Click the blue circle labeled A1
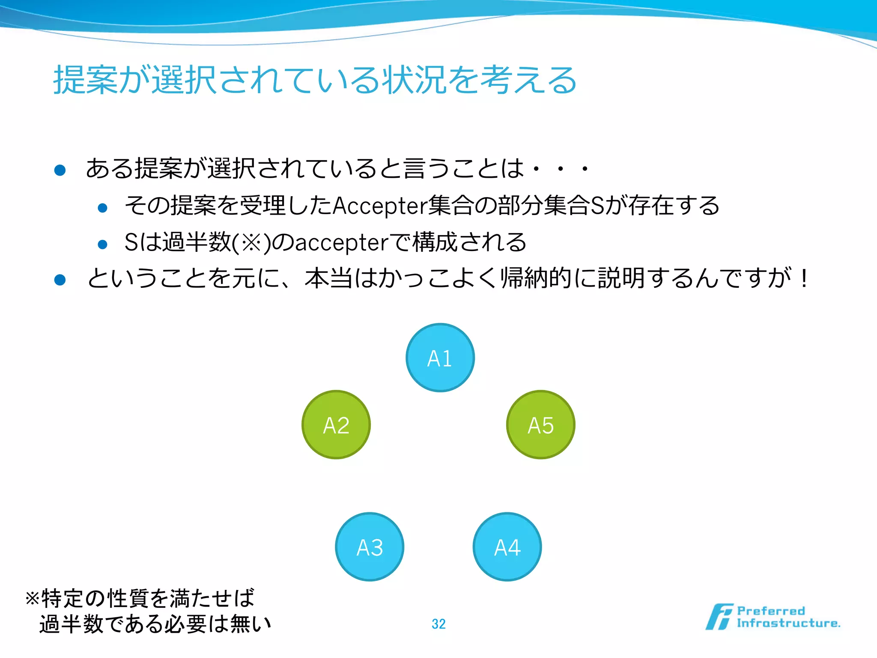[x=440, y=358]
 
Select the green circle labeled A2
[x=336, y=425]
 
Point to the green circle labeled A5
[x=540, y=425]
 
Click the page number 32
[x=438, y=624]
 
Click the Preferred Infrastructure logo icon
[x=719, y=617]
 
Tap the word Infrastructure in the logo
[x=788, y=623]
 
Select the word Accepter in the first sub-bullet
[x=380, y=206]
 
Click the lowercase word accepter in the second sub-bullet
[x=341, y=242]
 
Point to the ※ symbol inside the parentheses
[x=251, y=242]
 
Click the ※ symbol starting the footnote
[x=33, y=598]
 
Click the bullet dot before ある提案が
[x=60, y=170]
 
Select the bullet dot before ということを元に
[x=60, y=280]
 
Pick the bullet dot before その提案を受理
[x=102, y=208]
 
